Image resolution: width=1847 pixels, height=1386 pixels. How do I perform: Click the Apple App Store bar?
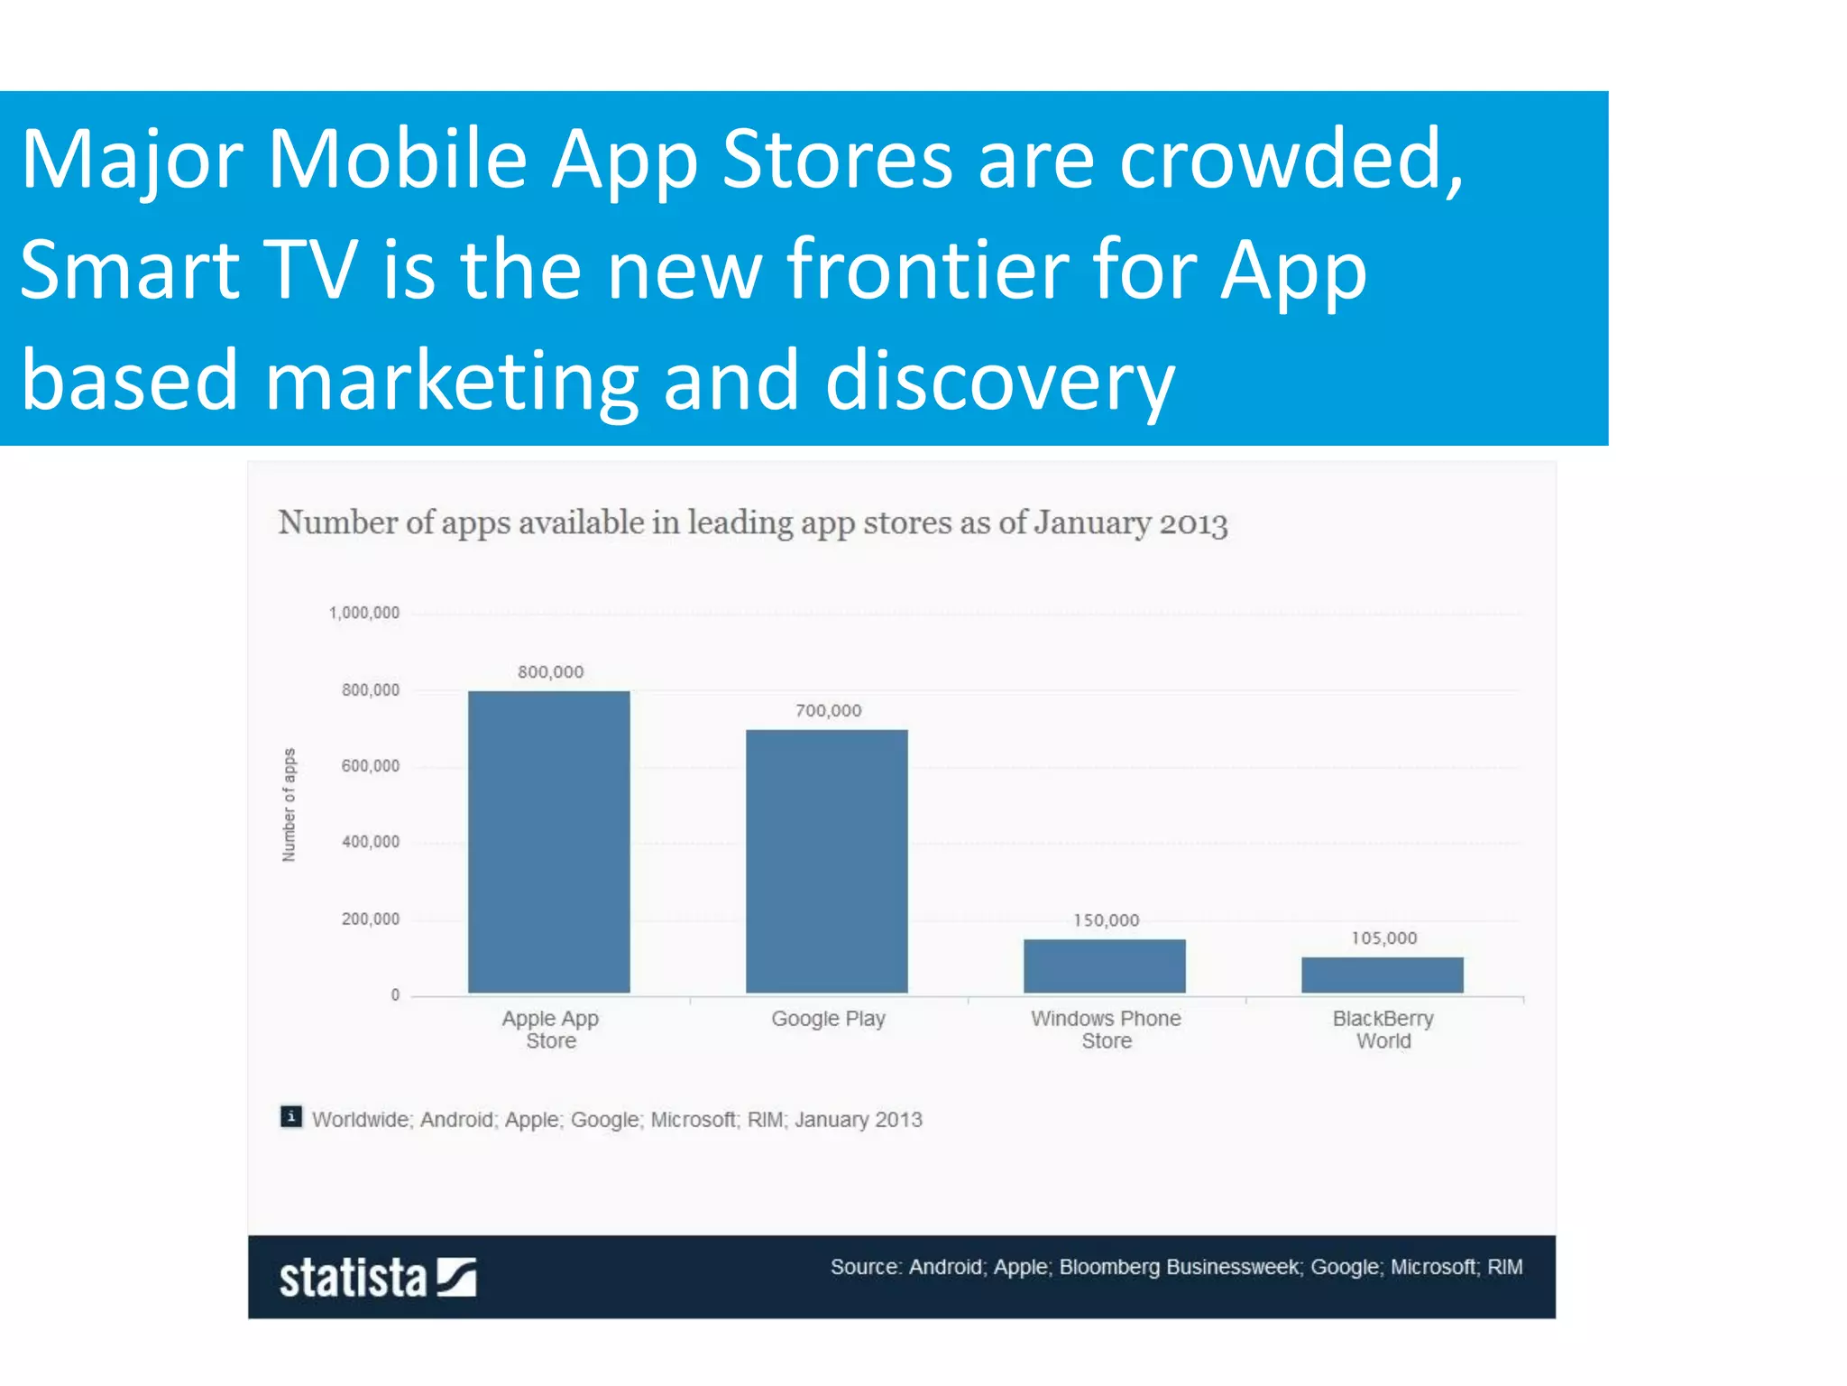tap(548, 842)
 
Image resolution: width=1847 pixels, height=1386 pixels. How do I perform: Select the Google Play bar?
tap(826, 861)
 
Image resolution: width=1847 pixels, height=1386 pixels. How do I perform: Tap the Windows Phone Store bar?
tap(1104, 966)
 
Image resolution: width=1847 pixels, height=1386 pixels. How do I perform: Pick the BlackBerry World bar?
tap(1382, 975)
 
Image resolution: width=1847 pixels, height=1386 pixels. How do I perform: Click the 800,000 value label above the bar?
tap(550, 672)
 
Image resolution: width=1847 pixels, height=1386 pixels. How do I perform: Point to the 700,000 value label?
tap(828, 711)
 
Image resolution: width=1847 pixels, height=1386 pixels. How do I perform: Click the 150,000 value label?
tap(1106, 920)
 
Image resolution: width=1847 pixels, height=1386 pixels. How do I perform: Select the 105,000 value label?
tap(1383, 938)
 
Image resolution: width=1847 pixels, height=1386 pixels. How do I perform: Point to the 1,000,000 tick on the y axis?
tap(364, 613)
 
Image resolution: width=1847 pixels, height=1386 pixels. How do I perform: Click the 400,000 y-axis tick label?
tap(370, 842)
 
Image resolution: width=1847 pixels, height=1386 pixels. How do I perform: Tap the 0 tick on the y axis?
tap(395, 994)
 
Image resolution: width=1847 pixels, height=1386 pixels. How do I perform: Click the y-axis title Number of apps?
tap(289, 805)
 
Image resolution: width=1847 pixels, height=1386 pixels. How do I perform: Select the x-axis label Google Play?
tap(828, 1019)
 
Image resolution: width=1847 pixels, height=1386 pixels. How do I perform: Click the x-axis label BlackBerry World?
tap(1383, 1030)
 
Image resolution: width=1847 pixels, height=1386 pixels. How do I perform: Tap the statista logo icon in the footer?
tap(456, 1277)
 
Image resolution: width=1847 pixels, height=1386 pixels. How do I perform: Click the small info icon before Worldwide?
tap(290, 1117)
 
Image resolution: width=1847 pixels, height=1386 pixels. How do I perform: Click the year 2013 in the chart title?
tap(1192, 523)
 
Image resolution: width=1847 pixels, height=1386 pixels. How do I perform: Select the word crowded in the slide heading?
tap(1290, 159)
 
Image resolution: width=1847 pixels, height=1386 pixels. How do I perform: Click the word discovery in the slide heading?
tap(999, 381)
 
